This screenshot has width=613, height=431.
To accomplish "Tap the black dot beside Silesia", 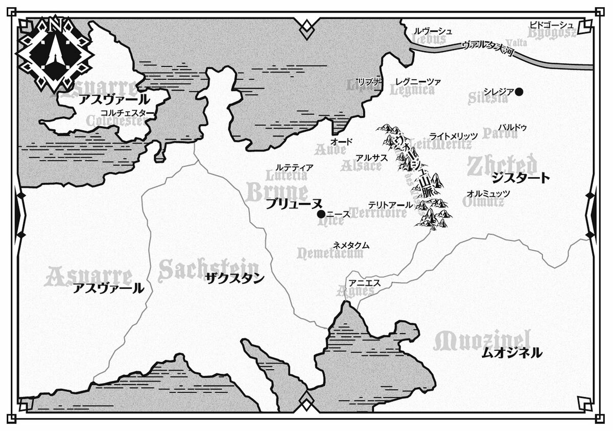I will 520,92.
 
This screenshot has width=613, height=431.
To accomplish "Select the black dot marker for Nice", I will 321,214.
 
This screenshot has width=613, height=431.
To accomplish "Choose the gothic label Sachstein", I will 208,269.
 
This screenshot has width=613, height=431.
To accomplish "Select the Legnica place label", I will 412,90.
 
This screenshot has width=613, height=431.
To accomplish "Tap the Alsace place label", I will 361,166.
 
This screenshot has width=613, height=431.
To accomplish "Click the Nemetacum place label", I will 331,254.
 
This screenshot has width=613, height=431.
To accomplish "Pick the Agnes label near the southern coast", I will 356,291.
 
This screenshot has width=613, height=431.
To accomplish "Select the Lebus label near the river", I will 429,39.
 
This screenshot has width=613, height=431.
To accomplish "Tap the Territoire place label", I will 379,213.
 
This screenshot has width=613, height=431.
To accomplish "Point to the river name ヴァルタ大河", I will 487,47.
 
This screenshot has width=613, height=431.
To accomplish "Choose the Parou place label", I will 500,134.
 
